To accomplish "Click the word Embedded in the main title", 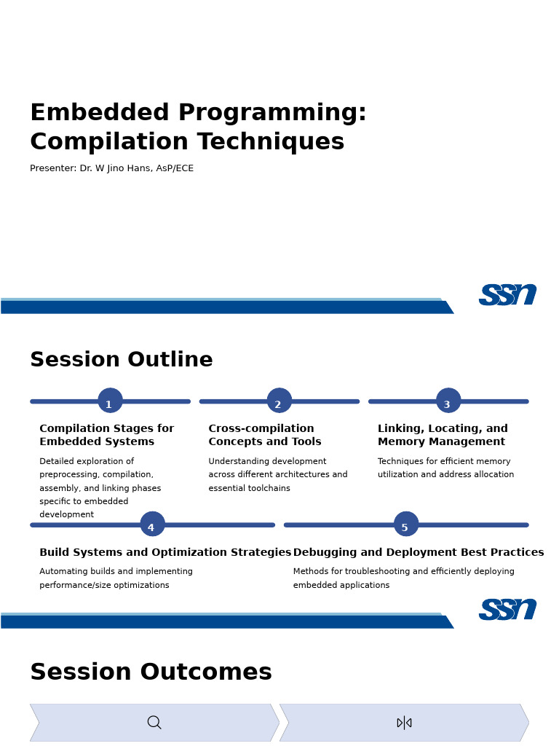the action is [100, 113].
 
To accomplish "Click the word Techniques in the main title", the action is [271, 142].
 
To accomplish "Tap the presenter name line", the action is [111, 168].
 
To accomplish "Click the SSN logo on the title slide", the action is [507, 294].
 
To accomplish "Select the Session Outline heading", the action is [122, 359].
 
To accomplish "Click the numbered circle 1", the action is [111, 401].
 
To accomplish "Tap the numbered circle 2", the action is [279, 401].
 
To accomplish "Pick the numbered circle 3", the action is [448, 401].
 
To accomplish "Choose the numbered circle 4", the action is [153, 524].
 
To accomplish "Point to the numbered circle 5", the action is [406, 524].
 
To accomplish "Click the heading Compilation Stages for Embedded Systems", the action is [107, 435].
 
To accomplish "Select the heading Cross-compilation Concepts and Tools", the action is [265, 435].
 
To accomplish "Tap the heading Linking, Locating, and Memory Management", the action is [443, 435].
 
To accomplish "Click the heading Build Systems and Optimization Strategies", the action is [165, 552].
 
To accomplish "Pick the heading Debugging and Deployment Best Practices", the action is [419, 552].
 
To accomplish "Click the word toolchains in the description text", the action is [269, 488].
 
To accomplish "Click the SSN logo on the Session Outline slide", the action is [507, 610].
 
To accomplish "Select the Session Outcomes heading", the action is [151, 672].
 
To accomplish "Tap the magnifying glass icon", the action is [154, 723].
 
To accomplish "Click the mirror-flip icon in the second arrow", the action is [404, 723].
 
